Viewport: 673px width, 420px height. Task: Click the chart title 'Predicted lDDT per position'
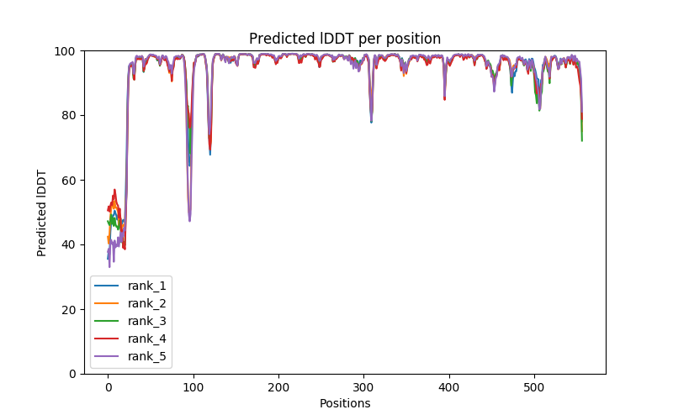[344, 39]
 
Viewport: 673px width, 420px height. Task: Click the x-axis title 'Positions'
[344, 403]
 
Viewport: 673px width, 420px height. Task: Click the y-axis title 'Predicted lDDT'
[42, 212]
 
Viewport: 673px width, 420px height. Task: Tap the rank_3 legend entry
[149, 321]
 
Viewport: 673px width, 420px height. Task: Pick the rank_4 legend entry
[149, 339]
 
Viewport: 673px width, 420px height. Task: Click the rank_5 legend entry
[149, 356]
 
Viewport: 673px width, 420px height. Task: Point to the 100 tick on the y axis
[67, 50]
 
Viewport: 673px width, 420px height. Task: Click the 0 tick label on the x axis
[108, 386]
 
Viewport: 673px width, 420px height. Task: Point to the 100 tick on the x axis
[193, 386]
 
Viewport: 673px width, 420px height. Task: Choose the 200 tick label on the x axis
[278, 386]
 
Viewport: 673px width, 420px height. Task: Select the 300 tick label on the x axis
[363, 386]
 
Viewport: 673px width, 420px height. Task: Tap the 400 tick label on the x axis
[449, 386]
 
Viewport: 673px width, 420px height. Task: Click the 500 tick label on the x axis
[534, 386]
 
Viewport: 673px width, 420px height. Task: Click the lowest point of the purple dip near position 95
[189, 221]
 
